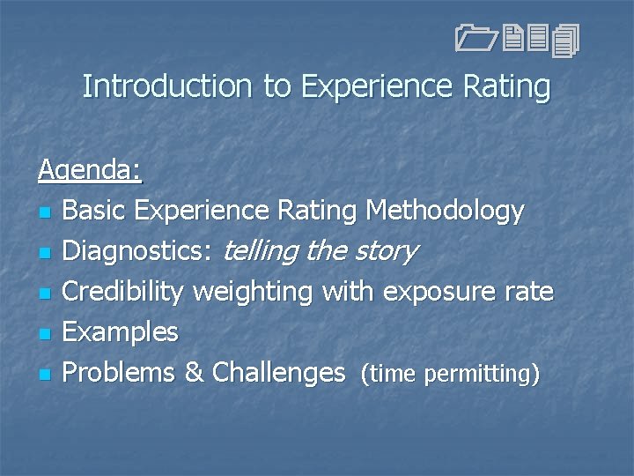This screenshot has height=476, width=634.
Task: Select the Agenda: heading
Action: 89,169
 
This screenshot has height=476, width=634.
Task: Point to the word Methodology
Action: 446,211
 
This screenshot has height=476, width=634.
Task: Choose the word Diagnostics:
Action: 137,251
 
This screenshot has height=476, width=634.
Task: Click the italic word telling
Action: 262,251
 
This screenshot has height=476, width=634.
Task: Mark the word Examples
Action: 121,332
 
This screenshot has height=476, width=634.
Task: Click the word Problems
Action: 119,373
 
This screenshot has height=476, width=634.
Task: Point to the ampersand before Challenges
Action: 193,373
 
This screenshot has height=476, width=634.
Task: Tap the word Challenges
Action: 277,373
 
